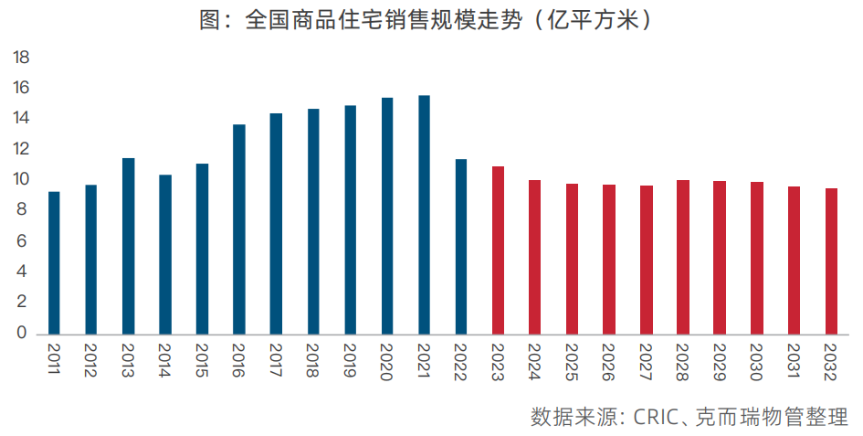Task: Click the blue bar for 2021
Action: click(424, 215)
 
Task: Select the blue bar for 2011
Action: click(54, 262)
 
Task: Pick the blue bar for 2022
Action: click(461, 246)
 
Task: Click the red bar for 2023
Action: click(498, 250)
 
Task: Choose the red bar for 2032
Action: click(831, 261)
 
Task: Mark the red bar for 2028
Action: click(683, 257)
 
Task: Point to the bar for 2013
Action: click(128, 246)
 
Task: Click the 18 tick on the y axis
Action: click(20, 58)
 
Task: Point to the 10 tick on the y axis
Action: click(20, 180)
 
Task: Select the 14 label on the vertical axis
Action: click(20, 119)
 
